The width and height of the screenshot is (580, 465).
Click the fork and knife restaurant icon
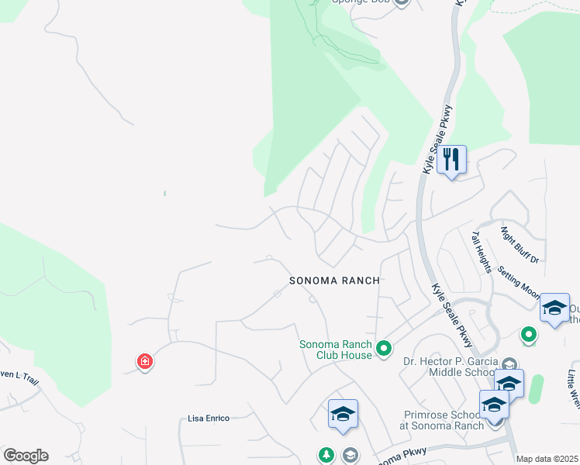[x=451, y=160]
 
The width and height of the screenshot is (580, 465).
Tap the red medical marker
[x=144, y=362]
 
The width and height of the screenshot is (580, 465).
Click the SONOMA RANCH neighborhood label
[x=334, y=281]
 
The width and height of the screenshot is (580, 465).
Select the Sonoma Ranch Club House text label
[x=336, y=350]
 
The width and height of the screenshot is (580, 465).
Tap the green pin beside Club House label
[x=383, y=350]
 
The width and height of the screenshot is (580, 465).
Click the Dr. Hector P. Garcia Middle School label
[x=452, y=366]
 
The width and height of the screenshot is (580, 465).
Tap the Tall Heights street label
[x=481, y=253]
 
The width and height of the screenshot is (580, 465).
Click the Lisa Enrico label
[x=209, y=418]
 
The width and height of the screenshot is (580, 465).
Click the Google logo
[x=26, y=456]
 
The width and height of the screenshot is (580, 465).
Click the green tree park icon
[x=326, y=454]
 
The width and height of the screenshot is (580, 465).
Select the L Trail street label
[x=19, y=378]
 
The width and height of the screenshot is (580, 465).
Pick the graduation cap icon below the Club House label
[x=342, y=413]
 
